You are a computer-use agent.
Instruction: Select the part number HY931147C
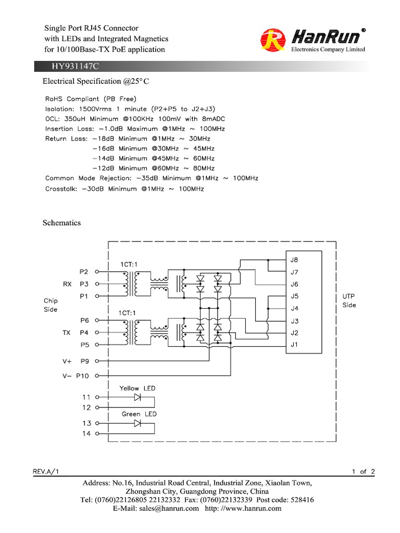tap(75, 67)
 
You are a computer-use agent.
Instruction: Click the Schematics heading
tap(61, 223)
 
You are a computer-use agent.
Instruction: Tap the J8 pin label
tap(294, 260)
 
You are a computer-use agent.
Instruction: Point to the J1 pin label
tap(294, 344)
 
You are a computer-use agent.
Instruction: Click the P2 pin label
tap(84, 272)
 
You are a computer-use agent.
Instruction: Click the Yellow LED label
tap(137, 388)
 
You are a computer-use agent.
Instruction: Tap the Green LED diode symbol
tap(137, 423)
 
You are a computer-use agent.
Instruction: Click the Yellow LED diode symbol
tap(137, 397)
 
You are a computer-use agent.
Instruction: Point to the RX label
tap(67, 284)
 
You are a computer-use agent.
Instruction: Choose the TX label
tap(67, 332)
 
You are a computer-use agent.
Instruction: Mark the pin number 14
tap(86, 434)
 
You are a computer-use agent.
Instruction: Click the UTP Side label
tap(349, 300)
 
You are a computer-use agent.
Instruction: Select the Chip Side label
tap(51, 305)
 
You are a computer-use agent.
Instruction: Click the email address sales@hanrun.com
tap(169, 509)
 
